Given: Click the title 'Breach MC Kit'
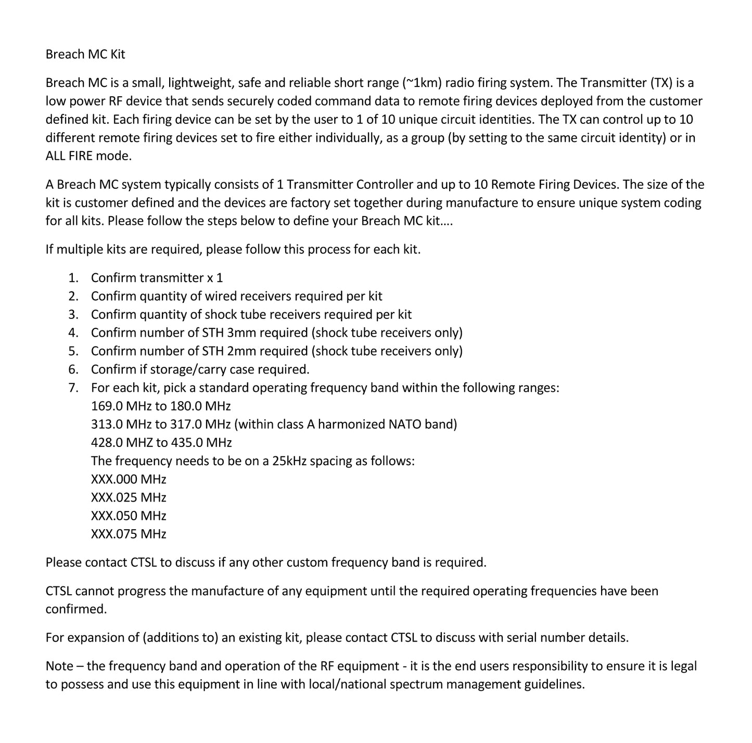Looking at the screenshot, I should (85, 54).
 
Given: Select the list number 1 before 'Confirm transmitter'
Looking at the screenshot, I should (73, 278).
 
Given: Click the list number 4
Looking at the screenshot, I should (73, 332).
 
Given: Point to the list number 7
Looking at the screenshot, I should (73, 388).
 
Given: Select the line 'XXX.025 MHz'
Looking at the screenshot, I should (129, 497).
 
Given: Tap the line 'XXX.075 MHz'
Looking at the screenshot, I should (129, 534).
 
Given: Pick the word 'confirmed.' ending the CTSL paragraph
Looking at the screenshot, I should (76, 609).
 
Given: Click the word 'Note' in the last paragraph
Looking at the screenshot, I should (59, 666).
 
